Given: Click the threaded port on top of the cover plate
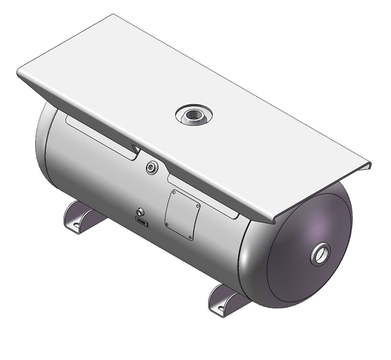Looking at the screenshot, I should pyautogui.click(x=191, y=115).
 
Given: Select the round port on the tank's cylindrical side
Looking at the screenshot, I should pyautogui.click(x=152, y=168).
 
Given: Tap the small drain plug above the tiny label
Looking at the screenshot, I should pyautogui.click(x=140, y=213).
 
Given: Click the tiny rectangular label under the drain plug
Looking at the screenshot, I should pyautogui.click(x=142, y=222).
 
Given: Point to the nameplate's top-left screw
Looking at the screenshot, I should pyautogui.click(x=173, y=192).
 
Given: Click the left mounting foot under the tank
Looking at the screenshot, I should pyautogui.click(x=80, y=217).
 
